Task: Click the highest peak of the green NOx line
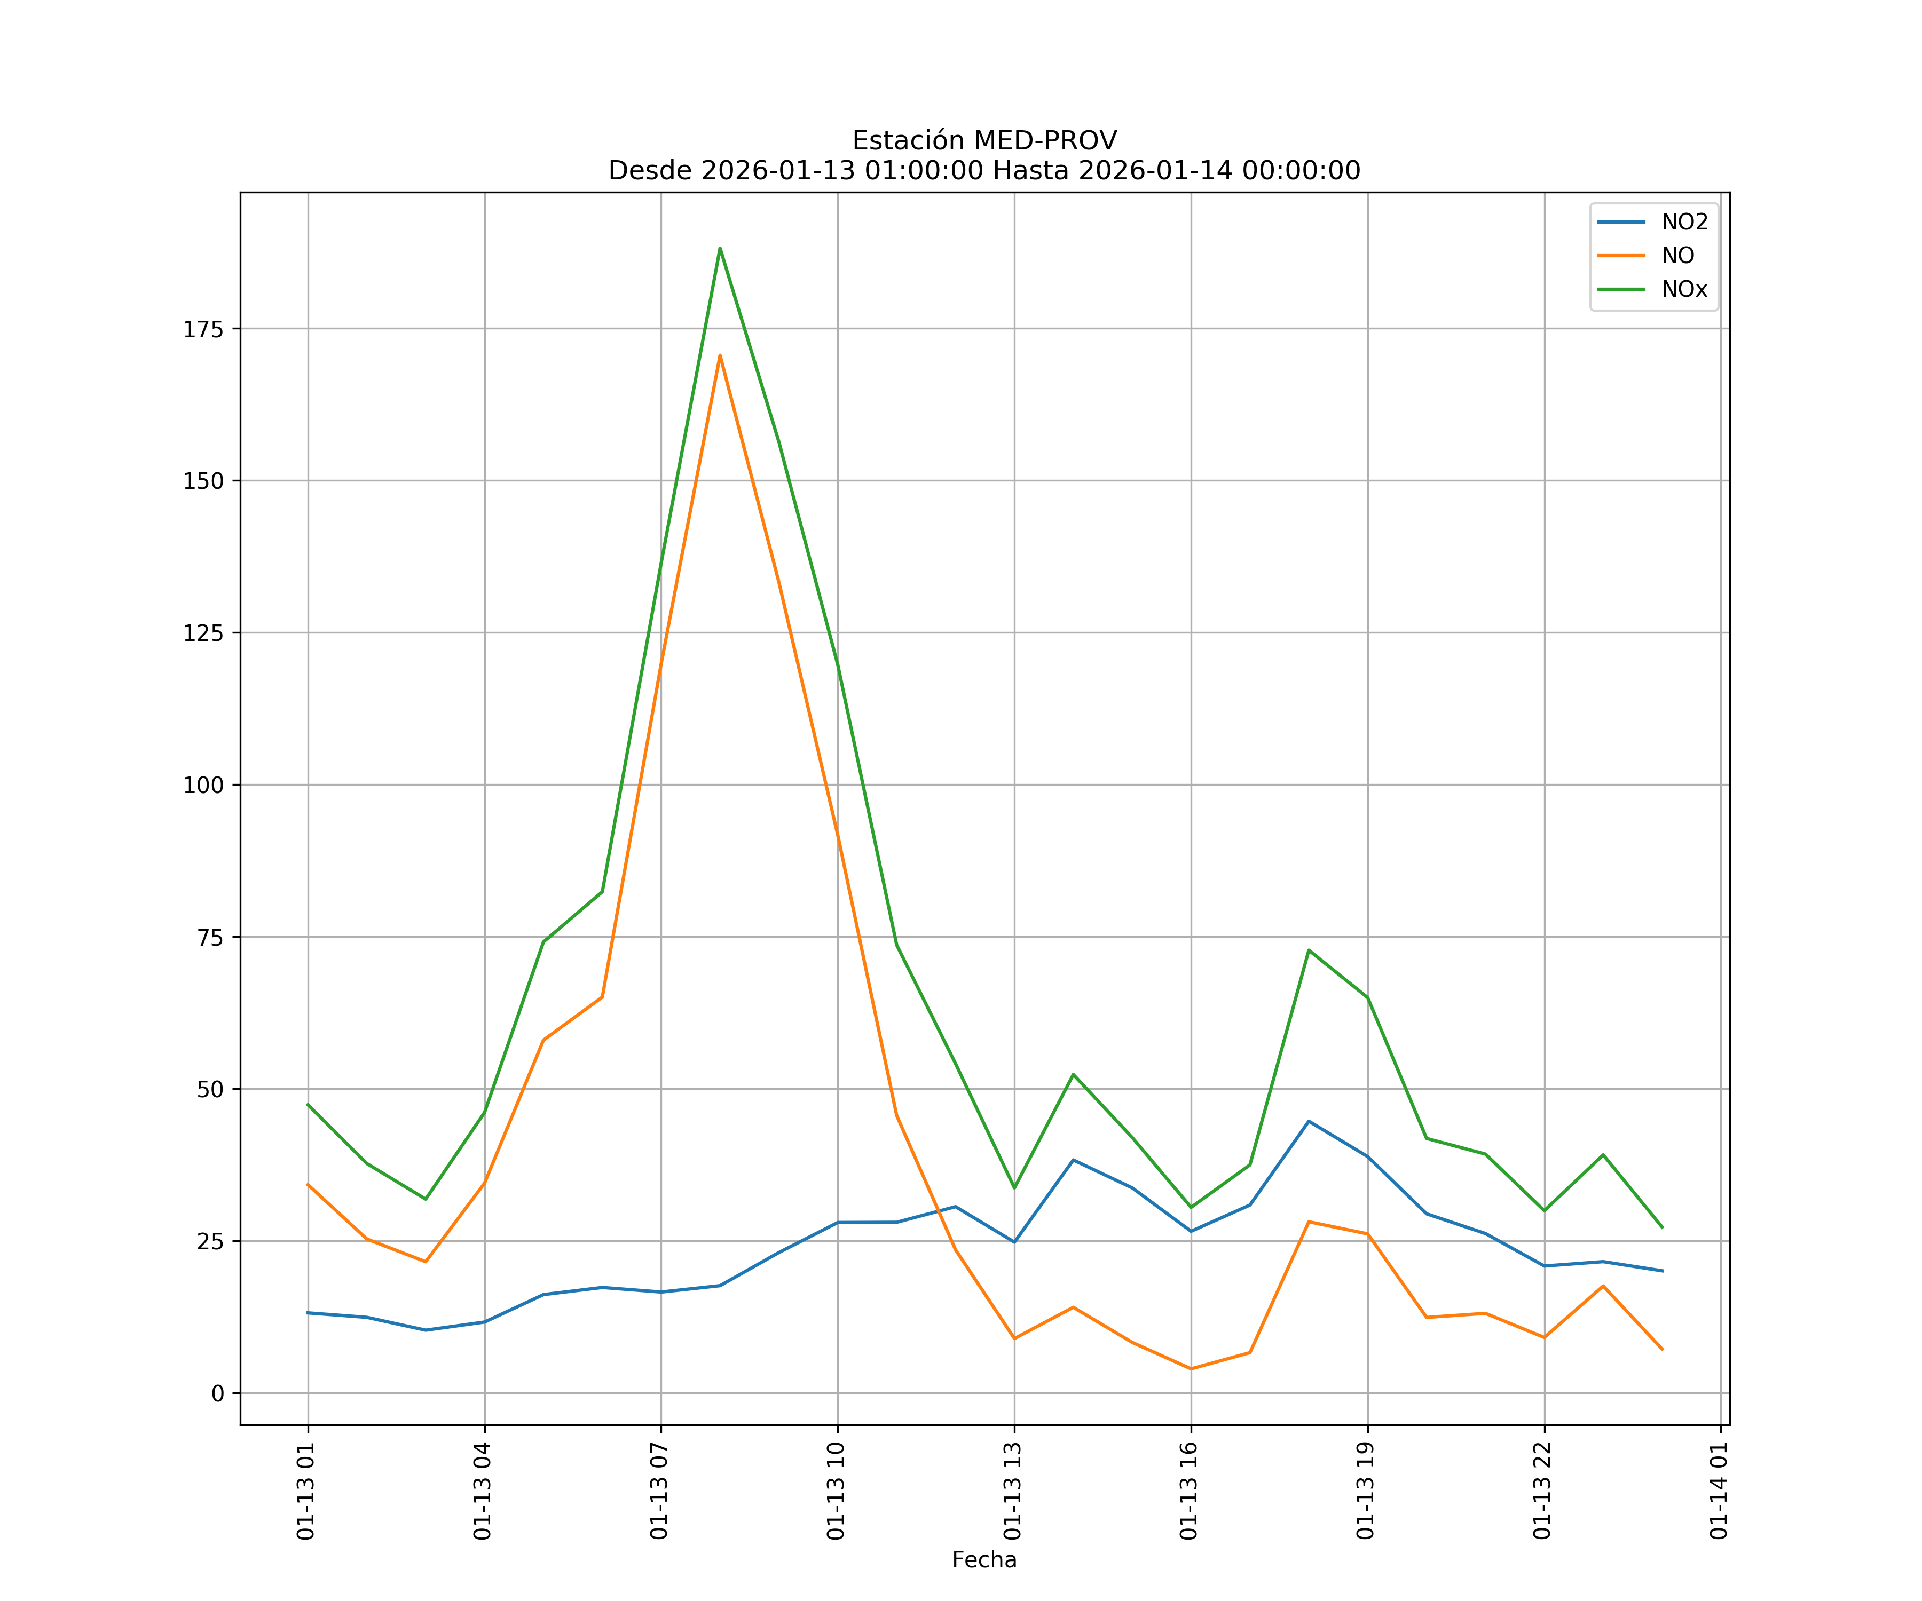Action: [720, 248]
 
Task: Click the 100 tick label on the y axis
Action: [203, 785]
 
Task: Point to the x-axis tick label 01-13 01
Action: [306, 1491]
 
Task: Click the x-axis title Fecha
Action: [984, 1560]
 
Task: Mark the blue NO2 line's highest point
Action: [1309, 1121]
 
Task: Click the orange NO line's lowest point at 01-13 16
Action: [1191, 1369]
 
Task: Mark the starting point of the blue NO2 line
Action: [309, 1313]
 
